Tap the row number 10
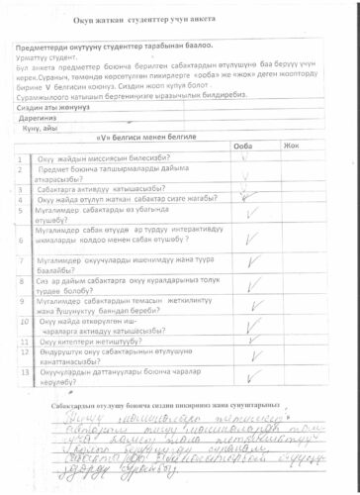[22, 327]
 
